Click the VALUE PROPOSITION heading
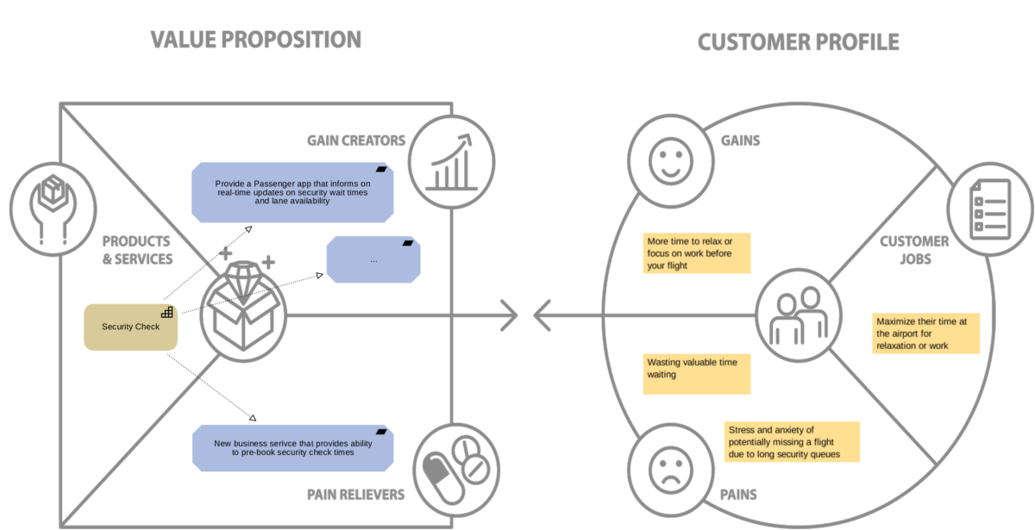point(255,40)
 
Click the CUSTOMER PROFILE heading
point(798,41)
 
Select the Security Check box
point(130,327)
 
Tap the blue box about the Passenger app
point(292,192)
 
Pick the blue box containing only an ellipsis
point(373,259)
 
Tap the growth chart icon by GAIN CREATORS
point(452,159)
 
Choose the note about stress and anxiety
point(792,442)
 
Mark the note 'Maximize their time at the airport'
point(925,333)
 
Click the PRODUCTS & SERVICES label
point(137,250)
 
